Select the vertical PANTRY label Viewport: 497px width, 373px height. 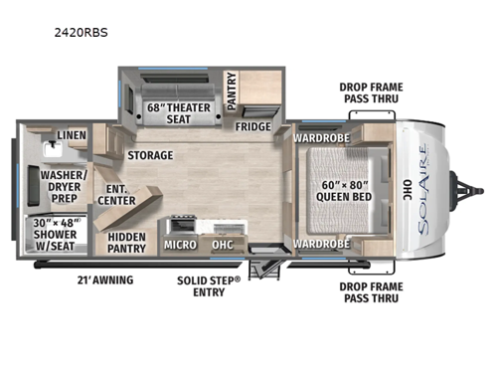pos(231,90)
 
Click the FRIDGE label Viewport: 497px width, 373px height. pos(252,126)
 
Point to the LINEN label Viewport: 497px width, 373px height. pos(70,135)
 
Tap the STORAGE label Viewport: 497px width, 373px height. pos(149,155)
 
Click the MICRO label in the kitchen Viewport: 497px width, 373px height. pos(179,244)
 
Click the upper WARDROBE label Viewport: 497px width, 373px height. pos(320,137)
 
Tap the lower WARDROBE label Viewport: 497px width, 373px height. pos(320,244)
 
